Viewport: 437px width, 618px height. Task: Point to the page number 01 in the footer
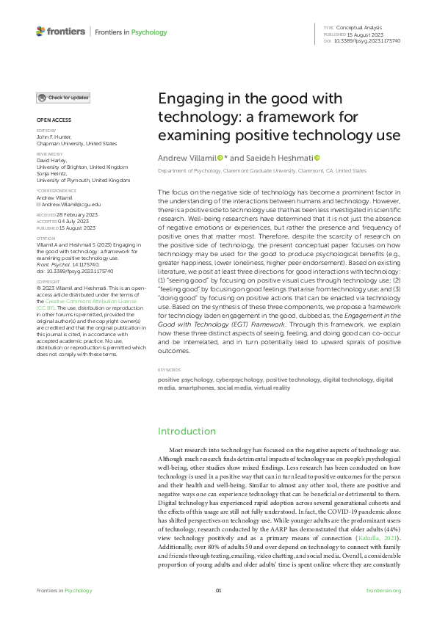point(218,590)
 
